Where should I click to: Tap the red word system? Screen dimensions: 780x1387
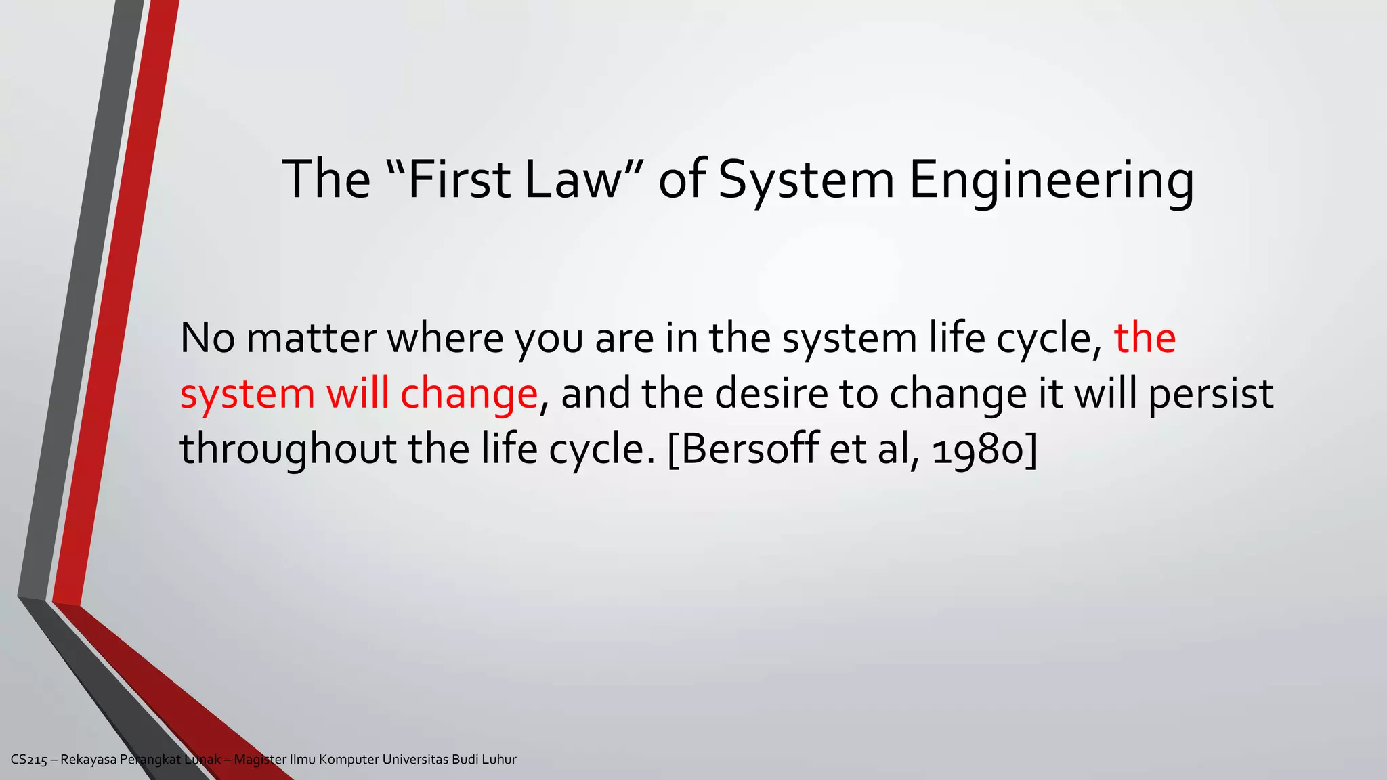247,395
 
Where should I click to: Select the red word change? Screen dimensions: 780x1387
469,395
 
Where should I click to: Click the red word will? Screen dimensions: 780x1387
358,393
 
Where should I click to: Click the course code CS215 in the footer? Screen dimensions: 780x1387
28,760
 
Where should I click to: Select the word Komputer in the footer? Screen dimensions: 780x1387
349,760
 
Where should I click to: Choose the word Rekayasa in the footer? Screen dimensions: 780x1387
88,760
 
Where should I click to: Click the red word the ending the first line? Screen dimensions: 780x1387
1145,339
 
